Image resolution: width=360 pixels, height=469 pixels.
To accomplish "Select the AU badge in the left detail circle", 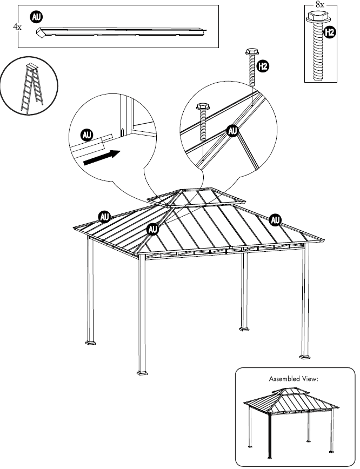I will click(86, 133).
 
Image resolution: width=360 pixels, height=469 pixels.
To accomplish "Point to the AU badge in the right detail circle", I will click(232, 131).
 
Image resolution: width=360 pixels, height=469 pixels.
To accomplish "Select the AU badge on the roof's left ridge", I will click(105, 217).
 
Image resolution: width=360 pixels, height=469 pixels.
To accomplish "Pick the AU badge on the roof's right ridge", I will click(275, 219).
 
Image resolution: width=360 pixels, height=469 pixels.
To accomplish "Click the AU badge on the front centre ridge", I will click(154, 229).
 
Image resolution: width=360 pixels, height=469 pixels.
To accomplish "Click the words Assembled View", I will click(294, 379).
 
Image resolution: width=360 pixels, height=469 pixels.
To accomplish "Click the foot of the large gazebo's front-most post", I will click(142, 372).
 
